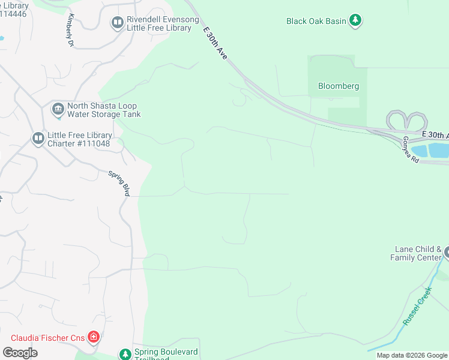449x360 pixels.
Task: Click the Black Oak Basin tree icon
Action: tap(356, 21)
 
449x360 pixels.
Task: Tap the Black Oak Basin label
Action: tap(316, 21)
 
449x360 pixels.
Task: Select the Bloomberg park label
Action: tap(339, 86)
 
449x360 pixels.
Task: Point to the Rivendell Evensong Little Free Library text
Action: tap(162, 23)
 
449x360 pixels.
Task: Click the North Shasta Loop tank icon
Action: tap(58, 109)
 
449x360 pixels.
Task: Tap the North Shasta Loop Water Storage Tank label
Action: tap(104, 109)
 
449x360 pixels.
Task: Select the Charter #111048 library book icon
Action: tap(38, 139)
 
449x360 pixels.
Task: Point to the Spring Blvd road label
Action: tap(119, 183)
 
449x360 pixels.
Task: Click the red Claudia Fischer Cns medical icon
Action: tap(93, 337)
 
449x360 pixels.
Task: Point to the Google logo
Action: tap(20, 353)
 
